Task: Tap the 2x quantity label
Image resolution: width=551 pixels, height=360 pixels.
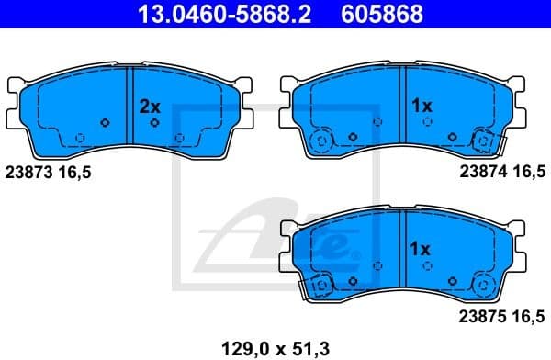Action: click(150, 107)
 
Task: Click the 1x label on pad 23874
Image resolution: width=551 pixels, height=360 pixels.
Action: click(422, 107)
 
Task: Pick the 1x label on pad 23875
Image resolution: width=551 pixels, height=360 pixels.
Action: click(420, 249)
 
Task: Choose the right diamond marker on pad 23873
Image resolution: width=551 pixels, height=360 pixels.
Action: click(155, 122)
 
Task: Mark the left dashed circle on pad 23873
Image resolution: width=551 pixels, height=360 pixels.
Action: click(81, 139)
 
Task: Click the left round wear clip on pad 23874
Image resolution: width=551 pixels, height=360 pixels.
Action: click(321, 141)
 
